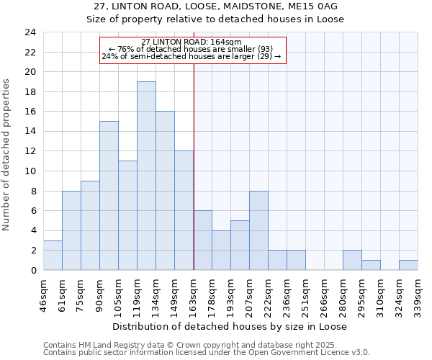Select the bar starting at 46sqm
pyautogui.click(x=53, y=256)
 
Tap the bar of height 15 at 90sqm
pyautogui.click(x=109, y=196)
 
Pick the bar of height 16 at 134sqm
pyautogui.click(x=165, y=191)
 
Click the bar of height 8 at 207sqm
pyautogui.click(x=258, y=230)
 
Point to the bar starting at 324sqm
pyautogui.click(x=408, y=265)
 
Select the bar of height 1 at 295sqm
pyautogui.click(x=371, y=265)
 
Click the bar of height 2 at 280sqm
pyautogui.click(x=352, y=261)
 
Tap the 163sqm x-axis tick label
pyautogui.click(x=194, y=294)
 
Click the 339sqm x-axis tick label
pyautogui.click(x=418, y=294)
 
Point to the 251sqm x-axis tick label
pyautogui.click(x=305, y=294)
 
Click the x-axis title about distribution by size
pyautogui.click(x=230, y=326)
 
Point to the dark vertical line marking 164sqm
pyautogui.click(x=194, y=180)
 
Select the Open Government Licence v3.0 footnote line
pyautogui.click(x=207, y=353)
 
